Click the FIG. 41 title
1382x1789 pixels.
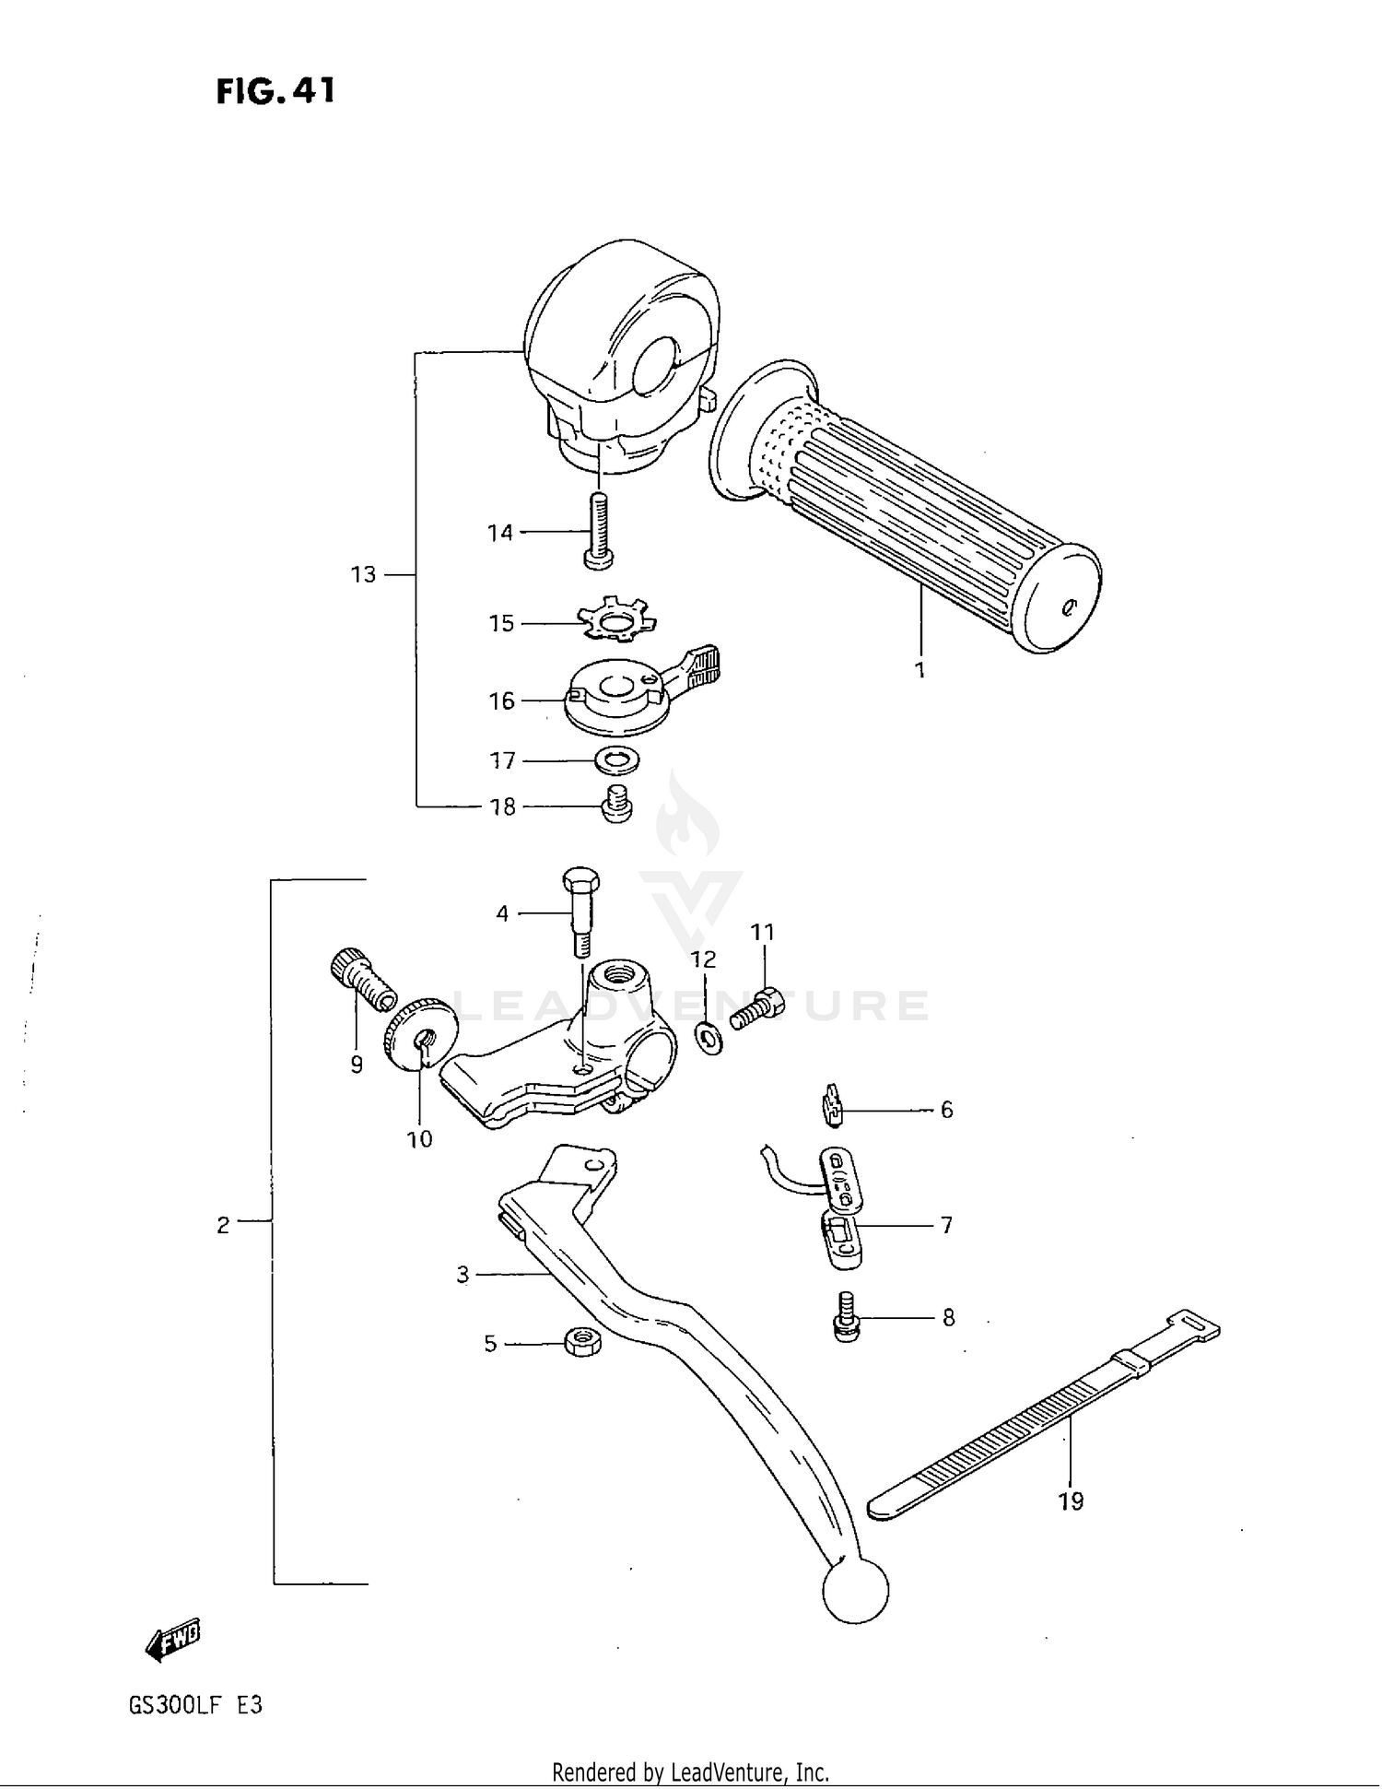[275, 91]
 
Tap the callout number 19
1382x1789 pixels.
[1071, 1501]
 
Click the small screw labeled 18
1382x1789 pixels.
[616, 805]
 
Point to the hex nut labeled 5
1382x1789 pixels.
[582, 1341]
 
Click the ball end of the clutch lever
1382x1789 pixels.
[855, 1590]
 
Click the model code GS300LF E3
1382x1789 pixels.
[195, 1705]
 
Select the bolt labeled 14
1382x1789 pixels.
[598, 531]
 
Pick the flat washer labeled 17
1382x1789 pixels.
[617, 761]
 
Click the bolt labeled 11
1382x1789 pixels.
[757, 1007]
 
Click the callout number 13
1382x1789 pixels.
[363, 574]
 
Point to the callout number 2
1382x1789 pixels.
[223, 1225]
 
